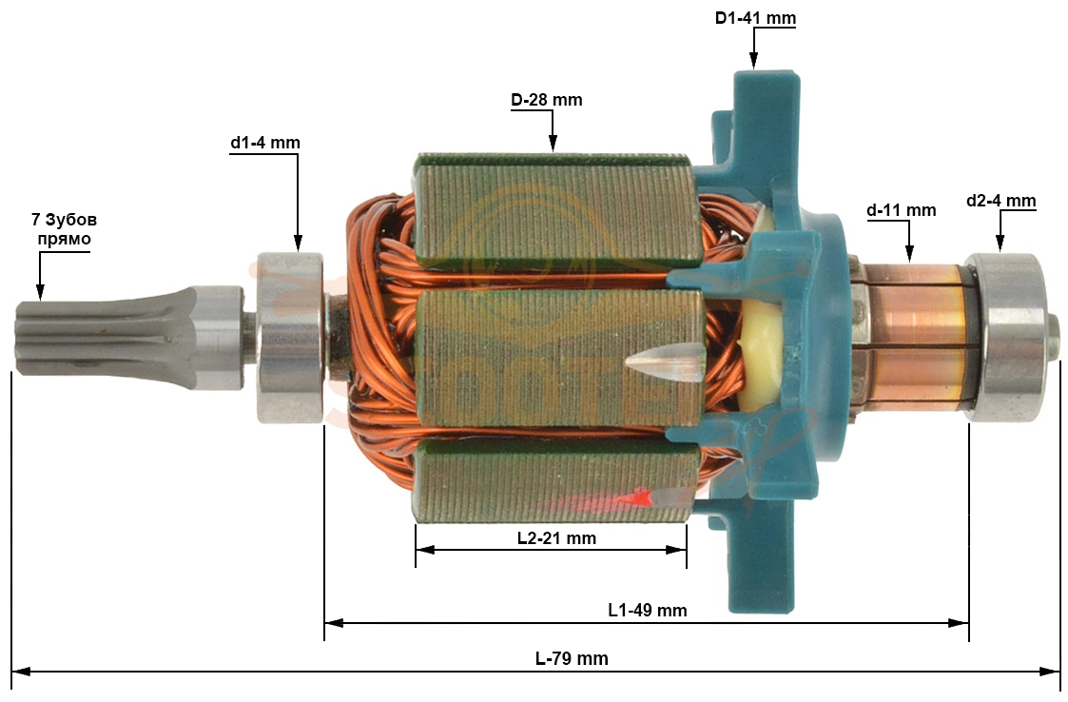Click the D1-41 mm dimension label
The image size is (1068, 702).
(755, 18)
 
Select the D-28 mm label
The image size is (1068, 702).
(546, 100)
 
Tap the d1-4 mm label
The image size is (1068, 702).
(265, 143)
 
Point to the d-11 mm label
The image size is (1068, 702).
(902, 210)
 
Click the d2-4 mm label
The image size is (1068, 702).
(1000, 201)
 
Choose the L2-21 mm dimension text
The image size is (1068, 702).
(556, 538)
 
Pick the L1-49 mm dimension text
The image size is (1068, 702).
(647, 610)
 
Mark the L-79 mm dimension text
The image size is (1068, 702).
(572, 659)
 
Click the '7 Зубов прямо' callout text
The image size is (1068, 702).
(64, 229)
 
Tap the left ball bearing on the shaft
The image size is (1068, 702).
(289, 338)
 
